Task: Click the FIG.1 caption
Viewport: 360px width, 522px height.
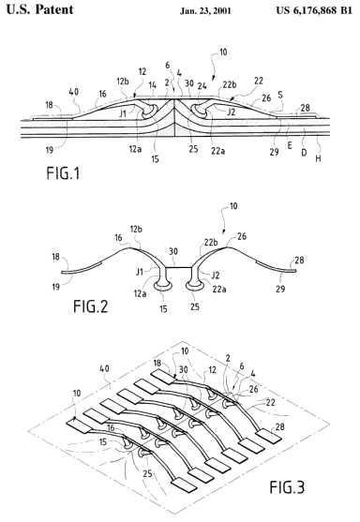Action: (x=63, y=173)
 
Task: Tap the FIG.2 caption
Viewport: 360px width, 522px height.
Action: (x=91, y=306)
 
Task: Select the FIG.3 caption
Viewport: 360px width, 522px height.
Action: (x=287, y=487)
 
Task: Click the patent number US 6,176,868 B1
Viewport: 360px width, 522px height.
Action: (x=314, y=10)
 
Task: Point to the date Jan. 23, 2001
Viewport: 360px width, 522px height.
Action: (x=205, y=10)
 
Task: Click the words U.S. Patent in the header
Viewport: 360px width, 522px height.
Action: (x=40, y=9)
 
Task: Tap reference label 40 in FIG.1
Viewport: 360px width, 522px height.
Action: (x=74, y=91)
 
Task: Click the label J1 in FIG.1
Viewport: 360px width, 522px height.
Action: (x=123, y=113)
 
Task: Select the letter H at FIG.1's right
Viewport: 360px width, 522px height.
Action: (x=318, y=158)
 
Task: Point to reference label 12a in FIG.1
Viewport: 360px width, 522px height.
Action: (x=135, y=149)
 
